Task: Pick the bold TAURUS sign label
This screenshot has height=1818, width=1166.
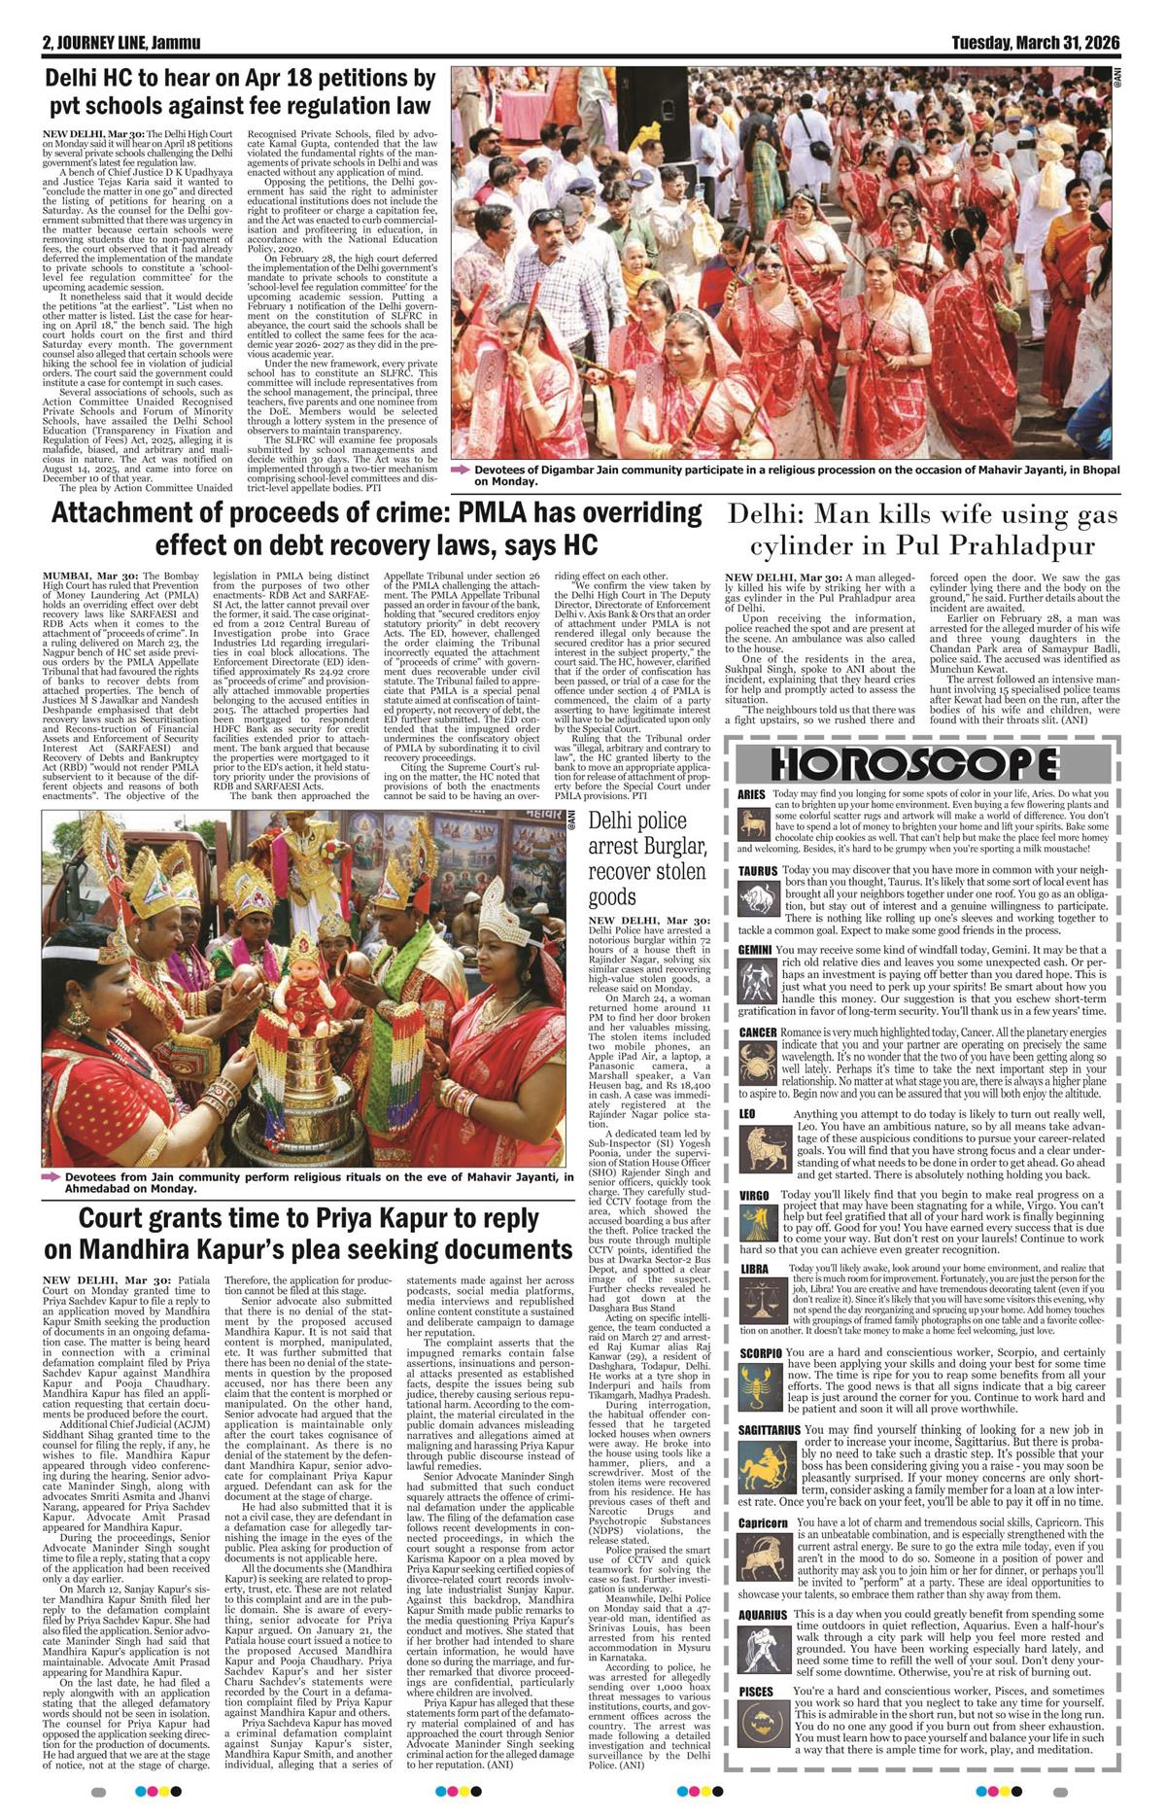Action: click(x=757, y=871)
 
